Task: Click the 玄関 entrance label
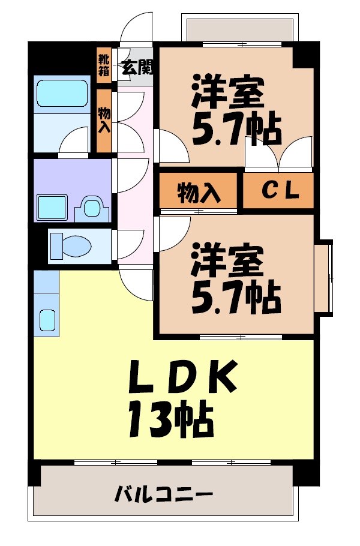coord(137,67)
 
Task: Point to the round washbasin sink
coord(91,208)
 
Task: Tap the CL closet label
coord(278,192)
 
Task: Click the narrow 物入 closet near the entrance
coord(104,120)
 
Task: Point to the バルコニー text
coord(164,496)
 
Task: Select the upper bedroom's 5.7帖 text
coord(236,128)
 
